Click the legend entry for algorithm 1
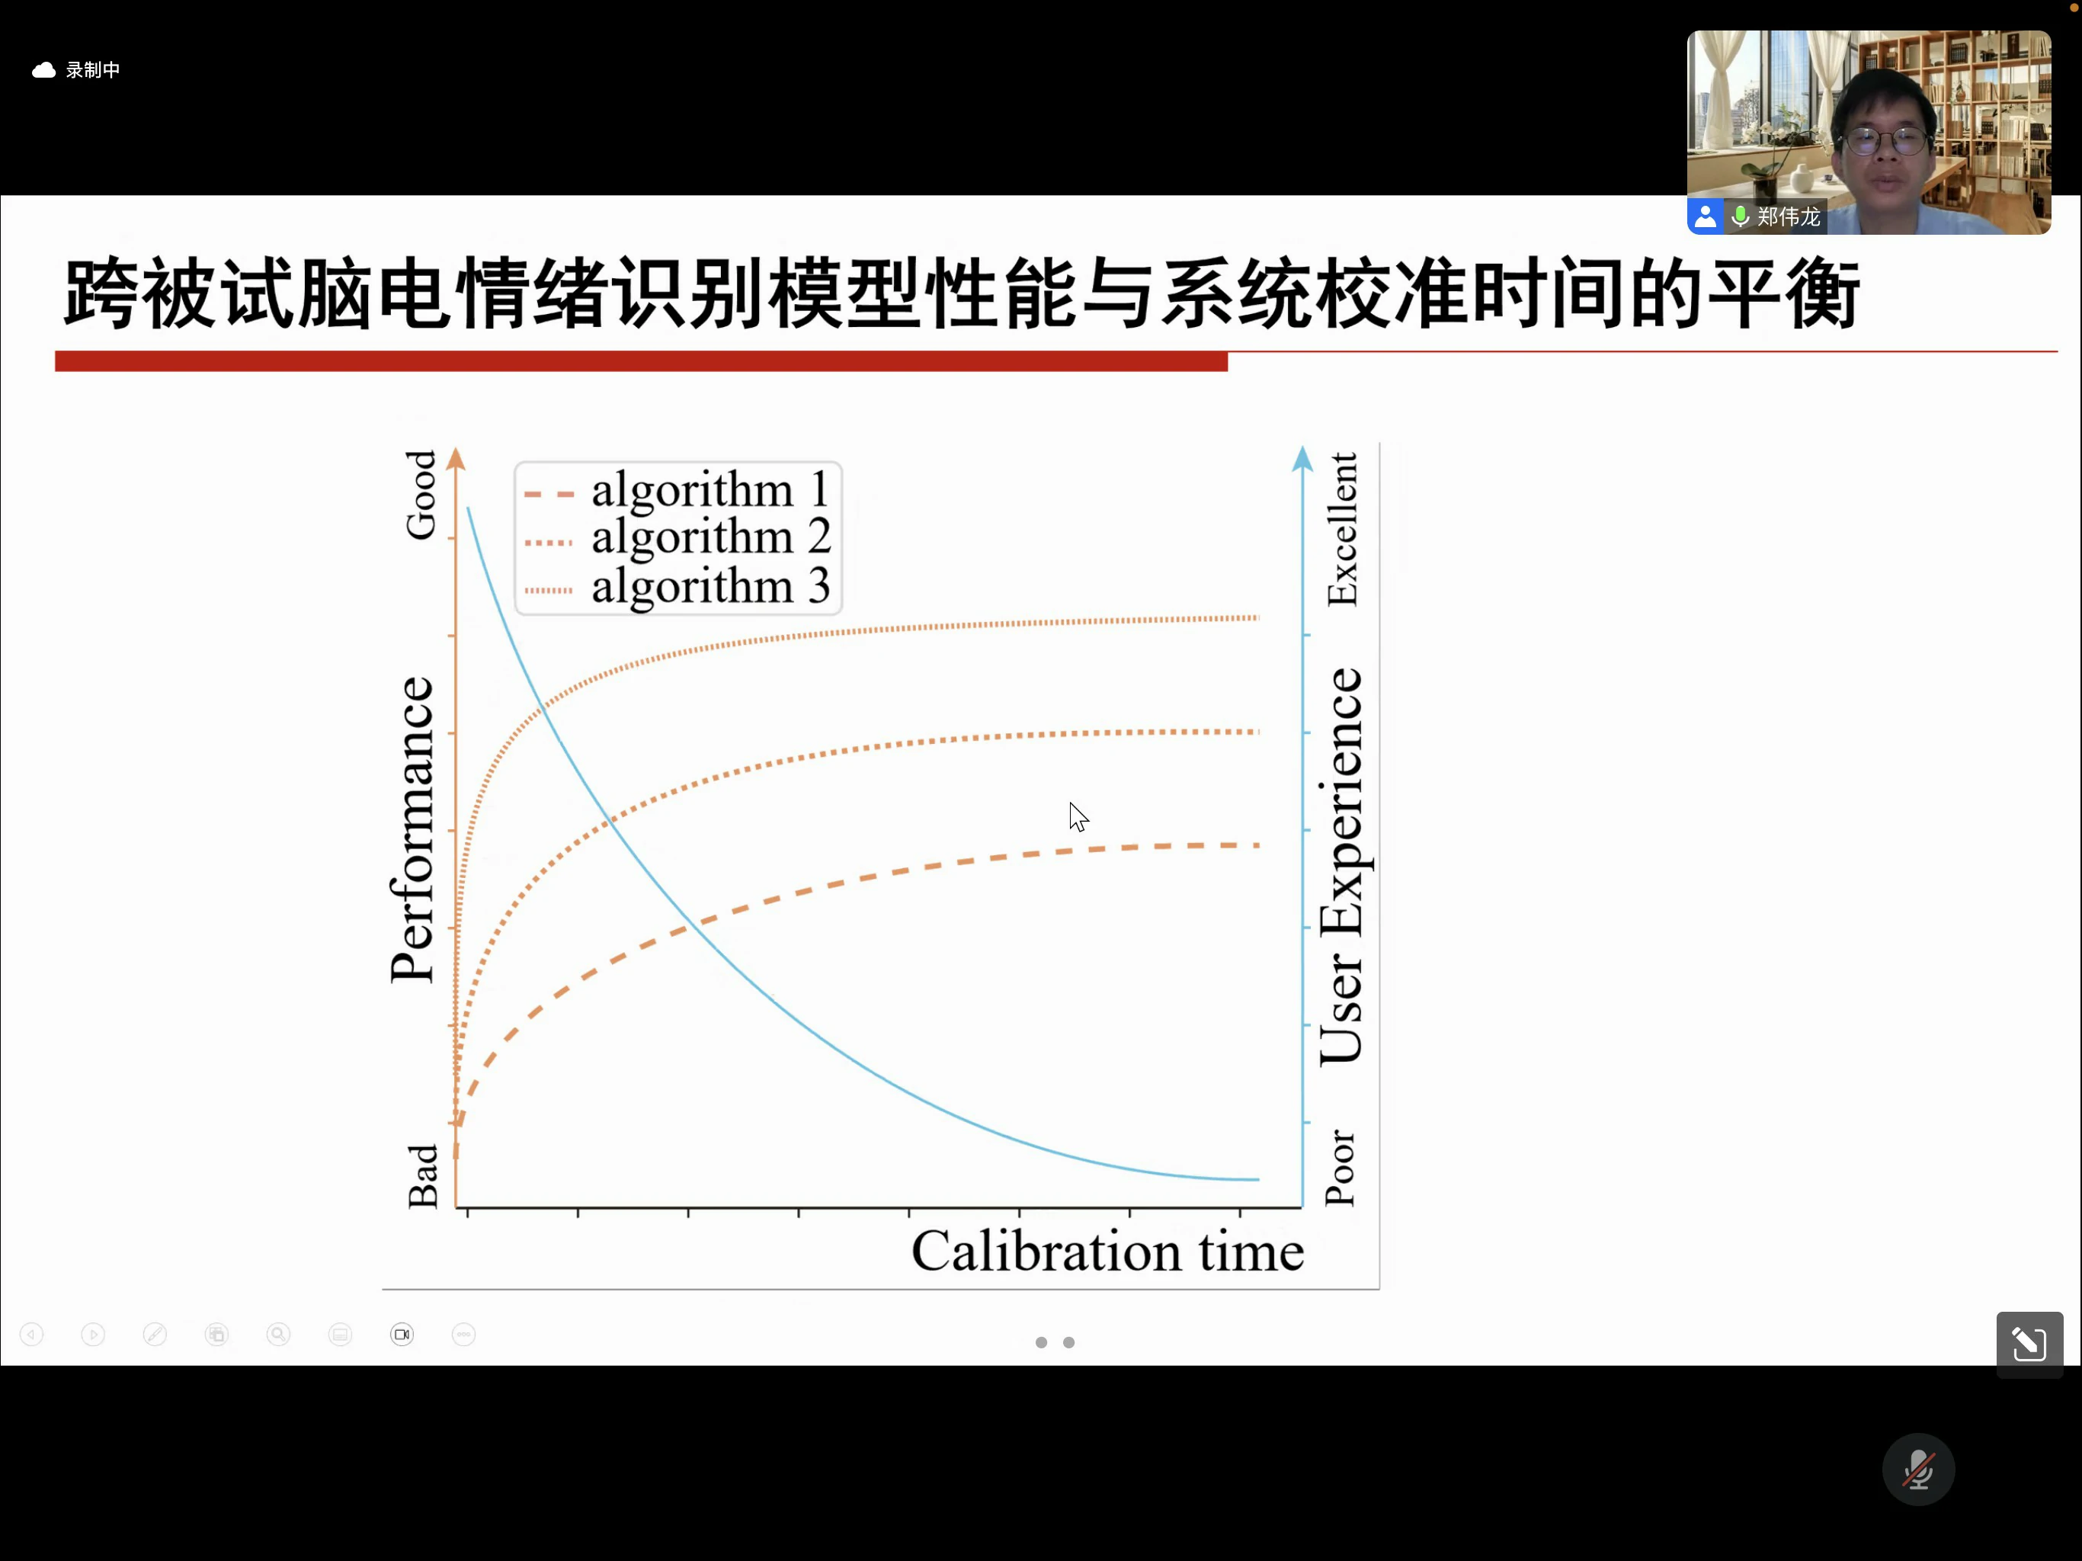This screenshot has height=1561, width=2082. click(677, 489)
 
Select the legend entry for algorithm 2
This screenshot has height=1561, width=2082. click(677, 537)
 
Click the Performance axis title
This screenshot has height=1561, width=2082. click(412, 829)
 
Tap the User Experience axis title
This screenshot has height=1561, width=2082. click(1340, 866)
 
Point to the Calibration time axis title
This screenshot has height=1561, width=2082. click(1107, 1252)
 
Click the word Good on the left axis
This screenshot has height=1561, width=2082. click(421, 495)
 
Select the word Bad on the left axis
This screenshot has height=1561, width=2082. click(423, 1176)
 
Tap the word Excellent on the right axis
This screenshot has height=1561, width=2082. click(1341, 529)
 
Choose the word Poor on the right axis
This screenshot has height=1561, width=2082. click(1340, 1168)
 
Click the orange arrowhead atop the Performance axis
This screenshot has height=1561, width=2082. click(456, 459)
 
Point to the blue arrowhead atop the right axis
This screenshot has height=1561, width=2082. click(1302, 459)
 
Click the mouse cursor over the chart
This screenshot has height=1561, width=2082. click(1078, 817)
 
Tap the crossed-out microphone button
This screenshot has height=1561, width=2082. click(1918, 1470)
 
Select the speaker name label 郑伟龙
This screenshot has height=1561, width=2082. click(1789, 216)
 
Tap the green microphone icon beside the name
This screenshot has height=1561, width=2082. click(1741, 216)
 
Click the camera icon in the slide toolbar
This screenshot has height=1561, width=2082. click(402, 1334)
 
